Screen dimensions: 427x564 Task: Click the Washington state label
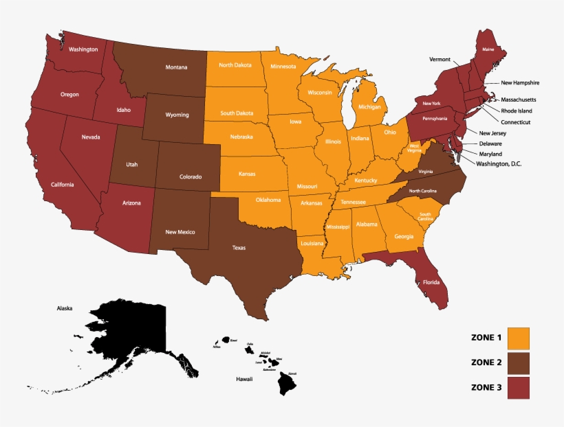[83, 49]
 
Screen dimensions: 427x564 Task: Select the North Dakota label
[235, 65]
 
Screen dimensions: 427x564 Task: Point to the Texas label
[239, 248]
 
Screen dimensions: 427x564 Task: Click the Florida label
[431, 282]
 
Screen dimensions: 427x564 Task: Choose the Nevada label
[91, 137]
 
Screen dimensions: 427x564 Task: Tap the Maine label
[488, 49]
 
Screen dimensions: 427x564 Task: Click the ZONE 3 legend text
[486, 387]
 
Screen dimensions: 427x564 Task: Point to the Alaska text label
[65, 309]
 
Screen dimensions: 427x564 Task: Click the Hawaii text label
[245, 378]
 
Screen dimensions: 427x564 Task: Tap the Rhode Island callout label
[516, 111]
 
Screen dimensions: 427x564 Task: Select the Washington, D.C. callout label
[506, 165]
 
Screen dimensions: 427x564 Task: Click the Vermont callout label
[440, 60]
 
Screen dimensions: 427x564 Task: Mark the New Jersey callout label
[492, 132]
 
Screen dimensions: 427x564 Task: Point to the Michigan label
[369, 107]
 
